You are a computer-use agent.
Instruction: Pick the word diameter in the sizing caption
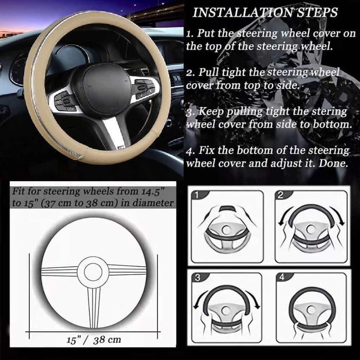[x=153, y=202]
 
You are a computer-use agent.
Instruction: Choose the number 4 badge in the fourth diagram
[x=282, y=278]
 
